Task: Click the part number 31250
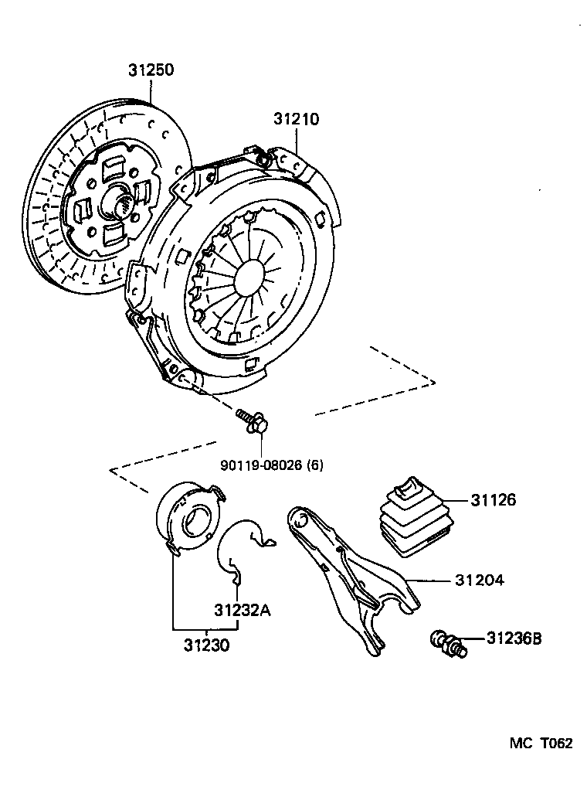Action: tap(151, 70)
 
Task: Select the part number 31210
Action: tap(295, 119)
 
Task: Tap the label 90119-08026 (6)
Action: tap(271, 465)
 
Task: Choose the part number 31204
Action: tap(479, 579)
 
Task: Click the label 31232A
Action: tap(242, 610)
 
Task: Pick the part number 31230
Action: tap(206, 644)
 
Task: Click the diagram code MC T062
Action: tap(540, 744)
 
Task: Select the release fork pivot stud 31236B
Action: tap(448, 643)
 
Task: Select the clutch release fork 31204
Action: tap(348, 572)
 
